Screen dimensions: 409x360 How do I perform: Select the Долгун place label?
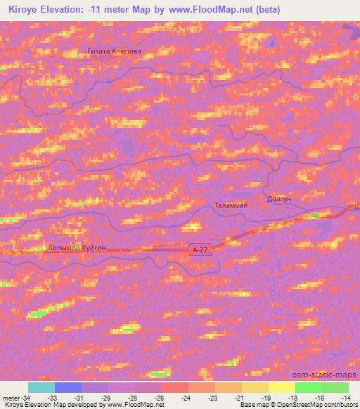279,199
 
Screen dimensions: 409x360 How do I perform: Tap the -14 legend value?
347,398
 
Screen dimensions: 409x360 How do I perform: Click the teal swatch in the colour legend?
41,387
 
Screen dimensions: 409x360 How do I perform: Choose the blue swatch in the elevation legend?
68,387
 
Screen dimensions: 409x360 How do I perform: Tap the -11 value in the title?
96,9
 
